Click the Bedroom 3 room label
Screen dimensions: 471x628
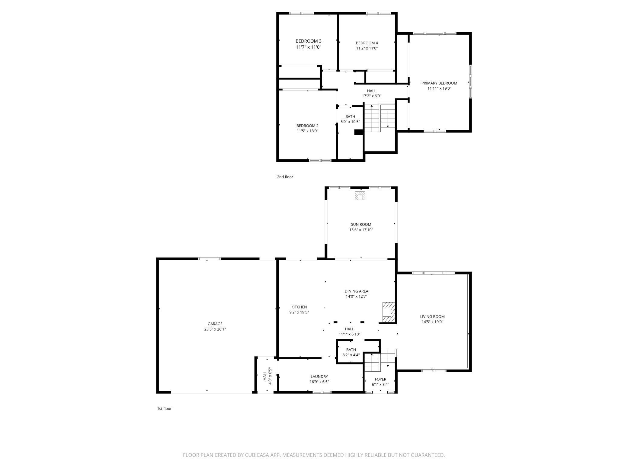click(308, 41)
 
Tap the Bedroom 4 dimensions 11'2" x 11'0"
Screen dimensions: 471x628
click(367, 48)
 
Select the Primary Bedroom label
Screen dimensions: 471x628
click(439, 83)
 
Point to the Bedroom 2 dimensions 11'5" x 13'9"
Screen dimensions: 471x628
click(307, 131)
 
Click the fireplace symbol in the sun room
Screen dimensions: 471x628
click(360, 196)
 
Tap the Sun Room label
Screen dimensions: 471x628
click(361, 225)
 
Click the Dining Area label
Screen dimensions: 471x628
click(356, 291)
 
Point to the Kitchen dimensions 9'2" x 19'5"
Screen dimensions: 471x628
click(299, 312)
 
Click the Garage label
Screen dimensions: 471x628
click(215, 324)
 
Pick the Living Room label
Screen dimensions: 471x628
click(432, 317)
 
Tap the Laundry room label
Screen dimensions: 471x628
click(319, 376)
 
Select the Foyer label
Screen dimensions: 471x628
click(380, 379)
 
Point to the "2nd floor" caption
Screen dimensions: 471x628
click(285, 177)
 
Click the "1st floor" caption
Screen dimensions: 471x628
click(164, 409)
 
